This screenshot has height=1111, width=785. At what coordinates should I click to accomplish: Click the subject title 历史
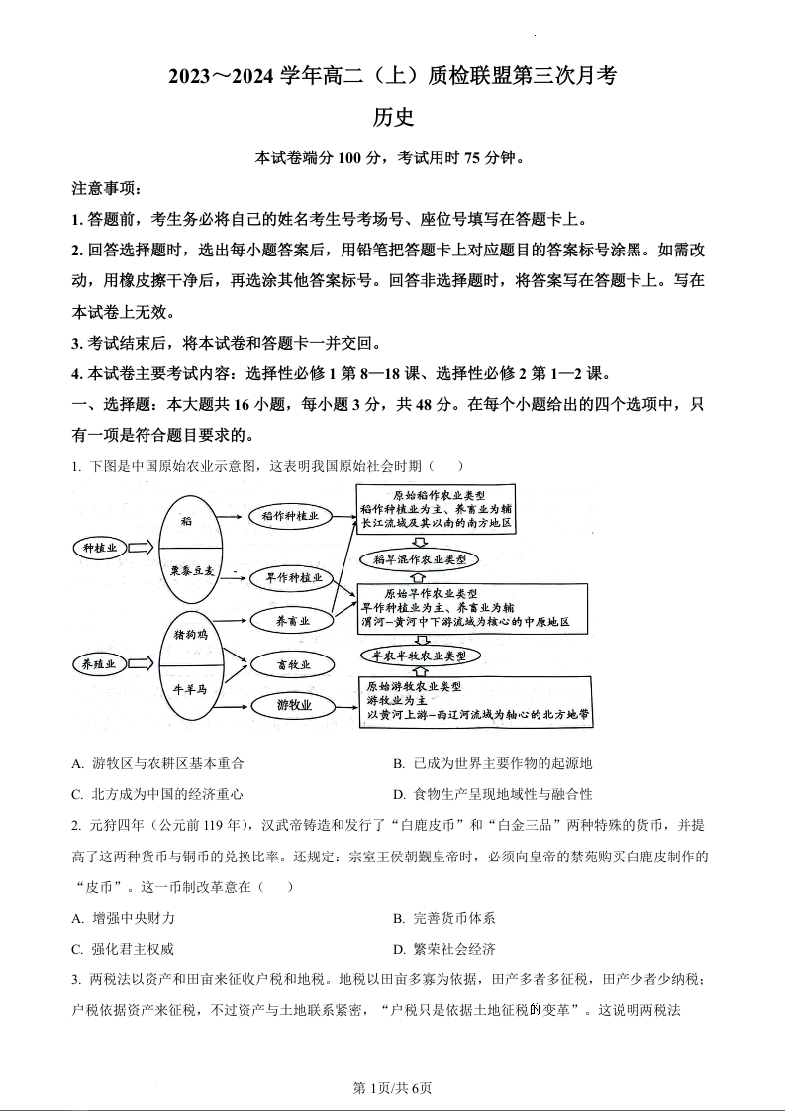coord(392,117)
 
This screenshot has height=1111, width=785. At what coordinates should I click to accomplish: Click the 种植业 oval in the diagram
coord(99,548)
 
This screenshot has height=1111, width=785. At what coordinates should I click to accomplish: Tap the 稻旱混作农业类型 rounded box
coord(420,559)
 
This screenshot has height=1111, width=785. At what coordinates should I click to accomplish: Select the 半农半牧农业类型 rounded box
coord(420,656)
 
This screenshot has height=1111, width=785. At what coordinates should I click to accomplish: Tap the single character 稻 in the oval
coord(187,519)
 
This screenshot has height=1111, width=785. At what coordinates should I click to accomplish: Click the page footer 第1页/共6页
coord(392,1088)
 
